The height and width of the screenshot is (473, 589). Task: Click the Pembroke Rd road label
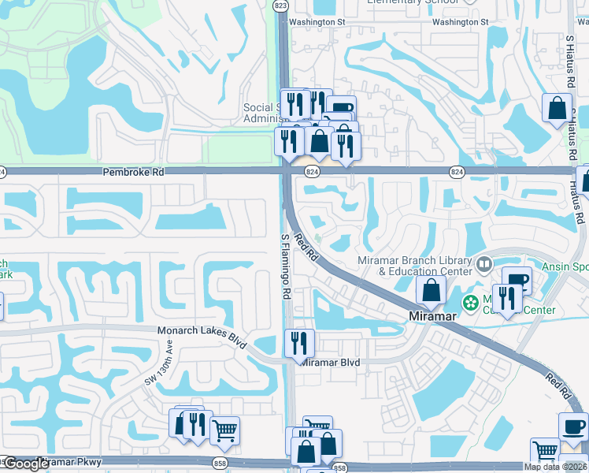[x=133, y=171]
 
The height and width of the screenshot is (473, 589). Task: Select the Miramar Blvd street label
[x=331, y=362]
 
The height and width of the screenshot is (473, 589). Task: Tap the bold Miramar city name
[x=432, y=316]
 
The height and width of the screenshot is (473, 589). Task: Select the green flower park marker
[x=471, y=302]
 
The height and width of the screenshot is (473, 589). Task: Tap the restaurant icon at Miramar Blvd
[x=299, y=342]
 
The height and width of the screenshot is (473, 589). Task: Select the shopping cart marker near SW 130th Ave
[x=224, y=430]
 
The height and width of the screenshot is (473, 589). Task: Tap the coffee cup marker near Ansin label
[x=517, y=280]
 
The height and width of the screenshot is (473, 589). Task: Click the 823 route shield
[x=281, y=5]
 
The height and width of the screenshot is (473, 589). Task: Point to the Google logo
[x=26, y=464]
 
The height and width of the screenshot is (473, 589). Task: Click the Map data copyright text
[x=556, y=467]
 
